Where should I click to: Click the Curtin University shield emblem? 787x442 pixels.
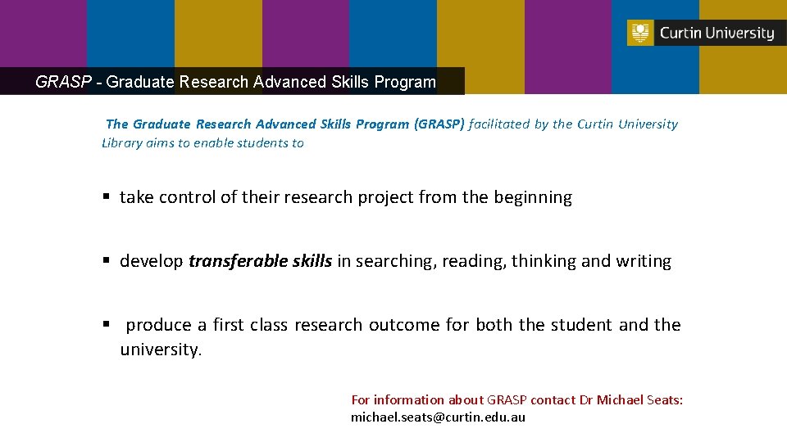(640, 33)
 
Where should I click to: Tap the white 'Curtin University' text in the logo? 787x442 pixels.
(716, 34)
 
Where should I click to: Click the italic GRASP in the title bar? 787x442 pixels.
(62, 82)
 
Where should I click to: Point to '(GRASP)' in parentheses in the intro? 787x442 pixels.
(439, 124)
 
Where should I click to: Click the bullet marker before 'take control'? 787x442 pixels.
(106, 196)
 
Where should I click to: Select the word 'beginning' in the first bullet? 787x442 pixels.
(533, 197)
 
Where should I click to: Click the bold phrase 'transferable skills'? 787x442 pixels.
(260, 261)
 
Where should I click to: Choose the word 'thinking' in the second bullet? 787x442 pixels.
(544, 261)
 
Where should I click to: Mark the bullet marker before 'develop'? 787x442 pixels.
(106, 260)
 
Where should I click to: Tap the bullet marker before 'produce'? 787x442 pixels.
(106, 324)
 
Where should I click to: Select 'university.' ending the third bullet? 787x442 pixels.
(161, 350)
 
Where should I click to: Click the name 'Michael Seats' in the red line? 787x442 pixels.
(639, 400)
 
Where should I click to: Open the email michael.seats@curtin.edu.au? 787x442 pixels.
(438, 417)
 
